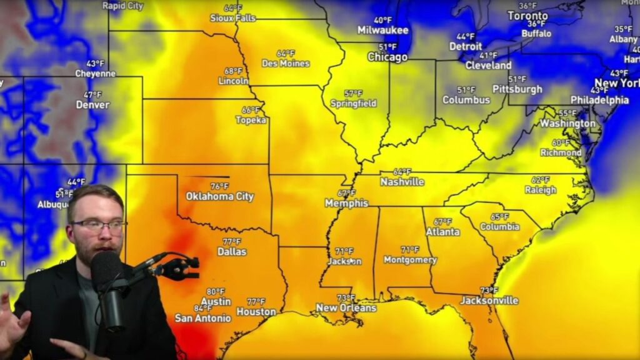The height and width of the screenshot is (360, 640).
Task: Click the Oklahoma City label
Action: [220, 196]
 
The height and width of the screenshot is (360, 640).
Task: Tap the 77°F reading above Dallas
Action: [232, 242]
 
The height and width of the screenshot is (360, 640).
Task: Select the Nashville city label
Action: [402, 182]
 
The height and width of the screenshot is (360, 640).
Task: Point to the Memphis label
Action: [346, 203]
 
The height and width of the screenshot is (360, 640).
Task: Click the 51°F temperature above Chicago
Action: [387, 47]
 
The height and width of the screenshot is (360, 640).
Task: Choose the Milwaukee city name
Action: [383, 30]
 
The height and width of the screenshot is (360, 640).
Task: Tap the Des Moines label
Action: [286, 63]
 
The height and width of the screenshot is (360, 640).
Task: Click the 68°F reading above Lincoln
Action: [233, 71]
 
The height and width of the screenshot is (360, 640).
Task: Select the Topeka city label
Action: [251, 120]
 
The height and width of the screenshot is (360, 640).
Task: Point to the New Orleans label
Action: [346, 307]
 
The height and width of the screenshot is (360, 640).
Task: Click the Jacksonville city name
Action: [489, 301]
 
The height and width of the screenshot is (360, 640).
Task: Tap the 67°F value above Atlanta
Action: [442, 222]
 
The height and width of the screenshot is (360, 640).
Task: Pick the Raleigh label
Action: [541, 190]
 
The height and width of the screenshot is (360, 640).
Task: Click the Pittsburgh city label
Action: [517, 89]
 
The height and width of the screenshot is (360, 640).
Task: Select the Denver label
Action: [92, 105]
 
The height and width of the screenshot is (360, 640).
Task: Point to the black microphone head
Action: [107, 269]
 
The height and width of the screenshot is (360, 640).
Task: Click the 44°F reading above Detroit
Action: [466, 36]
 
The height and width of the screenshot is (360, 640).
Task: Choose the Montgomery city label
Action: [410, 260]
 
